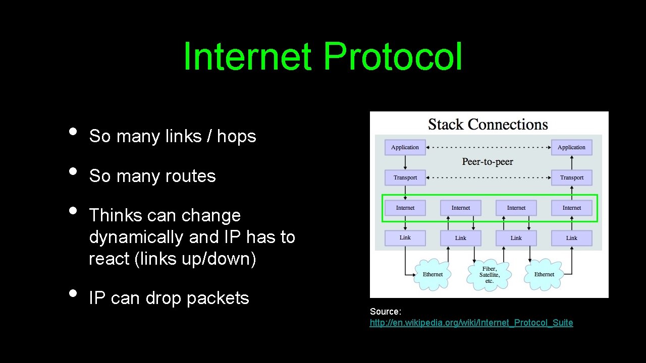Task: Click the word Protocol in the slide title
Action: coord(393,57)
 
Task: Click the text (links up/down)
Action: coord(173,259)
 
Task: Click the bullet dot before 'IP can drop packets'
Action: coord(73,293)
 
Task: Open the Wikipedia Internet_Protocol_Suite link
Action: coord(471,323)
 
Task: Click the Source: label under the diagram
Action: coord(385,312)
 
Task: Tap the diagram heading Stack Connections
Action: coord(488,125)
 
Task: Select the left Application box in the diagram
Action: coord(405,147)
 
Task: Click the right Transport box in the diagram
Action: coord(571,177)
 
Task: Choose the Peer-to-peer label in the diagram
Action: coord(488,162)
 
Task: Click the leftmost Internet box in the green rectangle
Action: coord(405,208)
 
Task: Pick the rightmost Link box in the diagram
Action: coord(571,238)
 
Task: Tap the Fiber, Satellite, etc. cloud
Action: coord(489,275)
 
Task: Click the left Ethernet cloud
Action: coord(433,274)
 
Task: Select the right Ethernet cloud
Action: coord(544,274)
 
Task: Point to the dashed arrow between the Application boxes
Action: coord(488,148)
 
